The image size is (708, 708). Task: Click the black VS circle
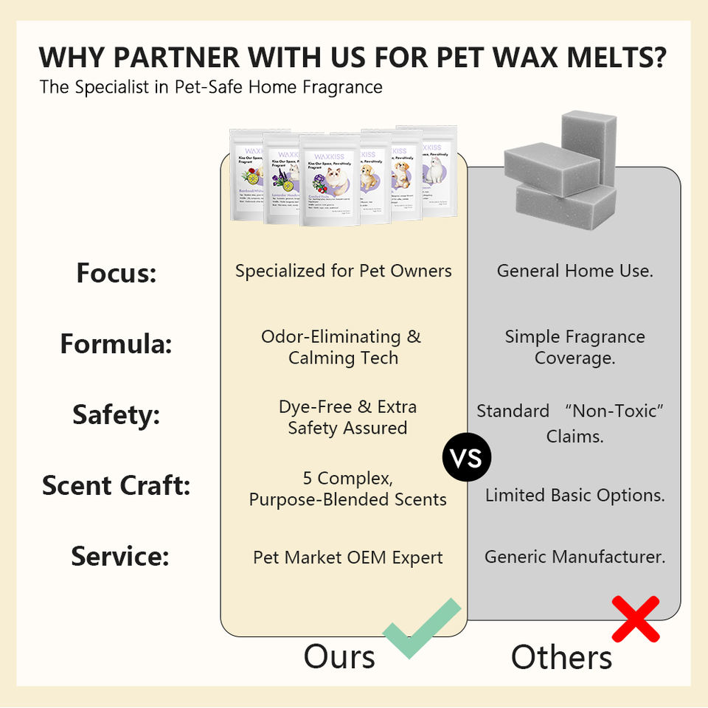coord(467,459)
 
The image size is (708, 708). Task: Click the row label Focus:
coord(117,274)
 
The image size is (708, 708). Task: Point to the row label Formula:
coord(116,344)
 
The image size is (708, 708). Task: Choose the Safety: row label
coord(116,415)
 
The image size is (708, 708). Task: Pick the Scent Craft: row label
coord(116,486)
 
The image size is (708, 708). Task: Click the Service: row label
coord(119,556)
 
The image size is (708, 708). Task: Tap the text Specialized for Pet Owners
coord(343,271)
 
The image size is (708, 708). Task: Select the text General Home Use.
coord(575,271)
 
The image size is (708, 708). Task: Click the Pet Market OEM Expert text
coord(347,558)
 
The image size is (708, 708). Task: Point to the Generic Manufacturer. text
coord(575,557)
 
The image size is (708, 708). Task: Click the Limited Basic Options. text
coord(575,496)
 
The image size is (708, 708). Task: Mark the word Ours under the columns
coord(339,656)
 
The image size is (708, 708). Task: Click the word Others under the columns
coord(561,657)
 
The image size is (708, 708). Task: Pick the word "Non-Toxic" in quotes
coord(617,411)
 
